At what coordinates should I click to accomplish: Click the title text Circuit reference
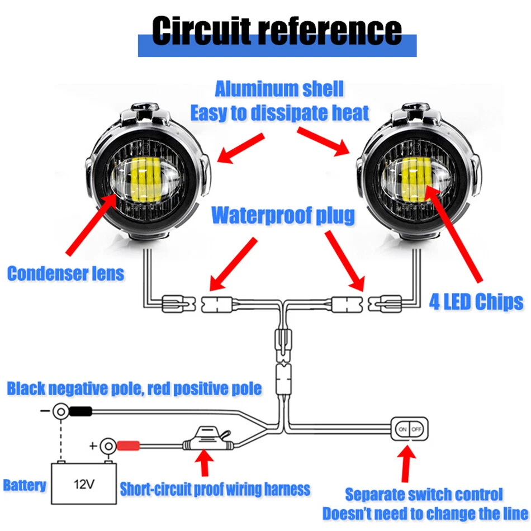click(x=277, y=31)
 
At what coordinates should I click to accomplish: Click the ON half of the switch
click(x=402, y=429)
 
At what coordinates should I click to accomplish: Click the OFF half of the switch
click(x=417, y=429)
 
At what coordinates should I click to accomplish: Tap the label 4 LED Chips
click(x=476, y=302)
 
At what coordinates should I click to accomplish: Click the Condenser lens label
click(x=66, y=273)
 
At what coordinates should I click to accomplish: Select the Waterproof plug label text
click(x=283, y=216)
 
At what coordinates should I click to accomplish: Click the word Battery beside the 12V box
click(x=25, y=484)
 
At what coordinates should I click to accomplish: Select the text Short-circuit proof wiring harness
click(x=215, y=490)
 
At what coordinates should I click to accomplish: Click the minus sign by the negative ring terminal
click(x=44, y=413)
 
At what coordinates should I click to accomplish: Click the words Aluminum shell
click(x=279, y=89)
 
